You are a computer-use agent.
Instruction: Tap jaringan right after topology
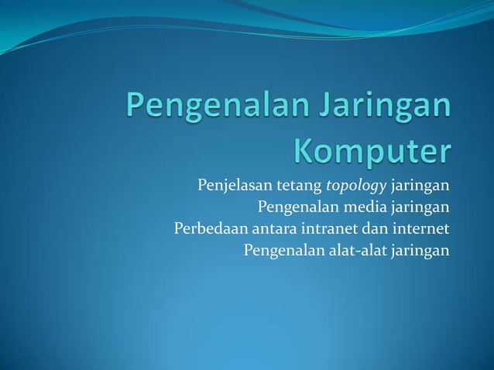(421, 187)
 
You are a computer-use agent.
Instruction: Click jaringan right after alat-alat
(421, 251)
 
